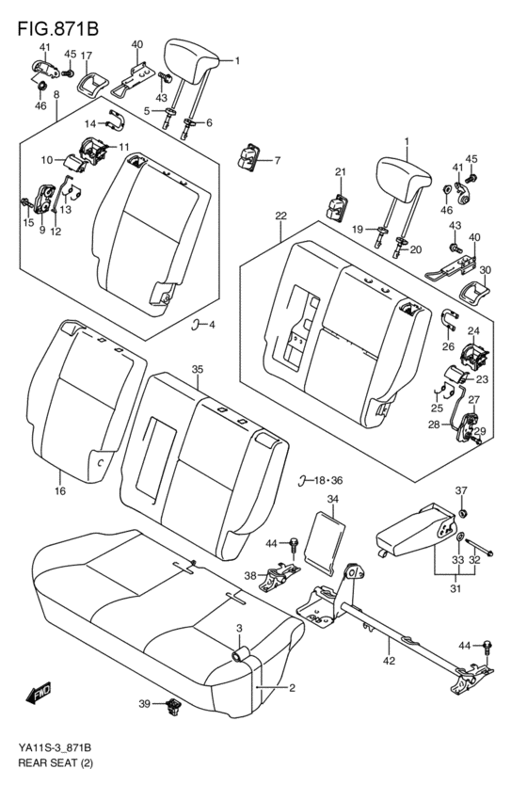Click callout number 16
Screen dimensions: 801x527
(x=59, y=491)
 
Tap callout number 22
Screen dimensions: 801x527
(x=280, y=216)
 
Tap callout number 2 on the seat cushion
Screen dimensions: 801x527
(x=292, y=688)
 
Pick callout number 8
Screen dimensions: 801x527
(x=56, y=95)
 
